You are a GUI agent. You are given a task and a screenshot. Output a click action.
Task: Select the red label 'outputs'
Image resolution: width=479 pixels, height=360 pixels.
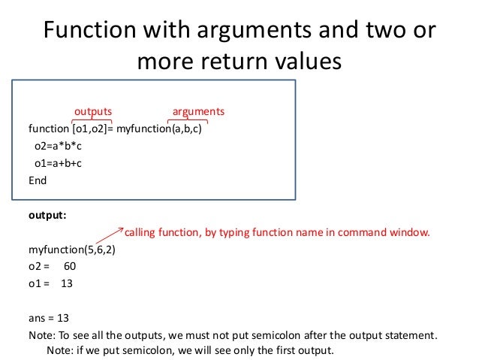(92, 112)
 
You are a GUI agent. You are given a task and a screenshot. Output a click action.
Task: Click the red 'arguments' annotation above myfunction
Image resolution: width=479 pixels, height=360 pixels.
(198, 112)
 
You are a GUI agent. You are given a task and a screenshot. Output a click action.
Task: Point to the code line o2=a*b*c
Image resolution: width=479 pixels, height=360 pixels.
(57, 146)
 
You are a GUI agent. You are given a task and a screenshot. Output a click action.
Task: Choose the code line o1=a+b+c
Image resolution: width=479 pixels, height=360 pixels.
(57, 163)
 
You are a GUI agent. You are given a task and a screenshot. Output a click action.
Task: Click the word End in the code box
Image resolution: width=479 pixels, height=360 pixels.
(38, 180)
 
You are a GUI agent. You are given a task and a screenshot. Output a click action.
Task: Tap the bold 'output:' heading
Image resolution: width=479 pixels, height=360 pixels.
(47, 214)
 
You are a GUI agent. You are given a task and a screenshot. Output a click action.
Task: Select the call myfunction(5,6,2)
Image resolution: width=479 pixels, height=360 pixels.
(71, 249)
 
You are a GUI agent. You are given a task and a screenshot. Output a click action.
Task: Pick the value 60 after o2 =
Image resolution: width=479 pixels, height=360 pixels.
(70, 266)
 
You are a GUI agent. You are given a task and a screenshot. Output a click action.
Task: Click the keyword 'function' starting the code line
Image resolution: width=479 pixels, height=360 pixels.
(47, 129)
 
